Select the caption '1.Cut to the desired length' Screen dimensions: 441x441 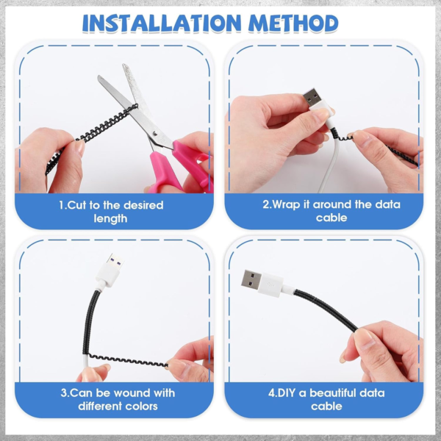111,212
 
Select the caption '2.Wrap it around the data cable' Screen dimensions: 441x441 331,212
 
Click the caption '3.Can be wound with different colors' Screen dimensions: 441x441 111,399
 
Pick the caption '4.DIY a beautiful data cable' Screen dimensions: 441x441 331,399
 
